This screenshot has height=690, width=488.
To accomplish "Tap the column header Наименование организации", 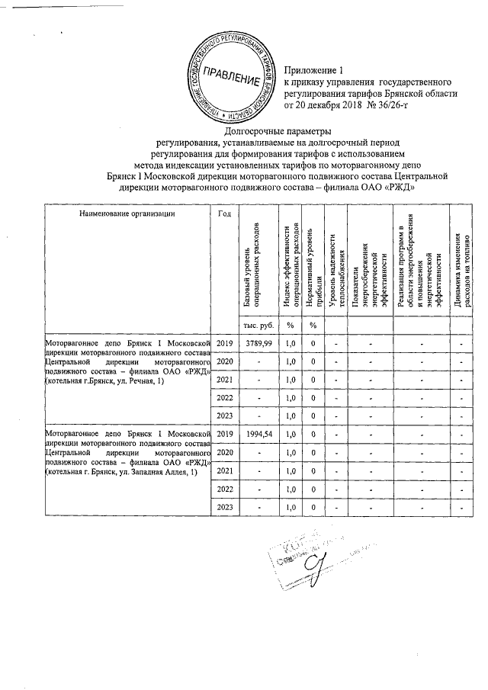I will (126, 213).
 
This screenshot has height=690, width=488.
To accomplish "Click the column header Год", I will (224, 213).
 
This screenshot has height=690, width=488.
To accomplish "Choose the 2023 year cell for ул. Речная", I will (224, 416).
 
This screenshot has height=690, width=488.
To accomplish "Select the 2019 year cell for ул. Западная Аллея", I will (224, 433).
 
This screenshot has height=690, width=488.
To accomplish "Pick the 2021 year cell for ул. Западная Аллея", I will (224, 470).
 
